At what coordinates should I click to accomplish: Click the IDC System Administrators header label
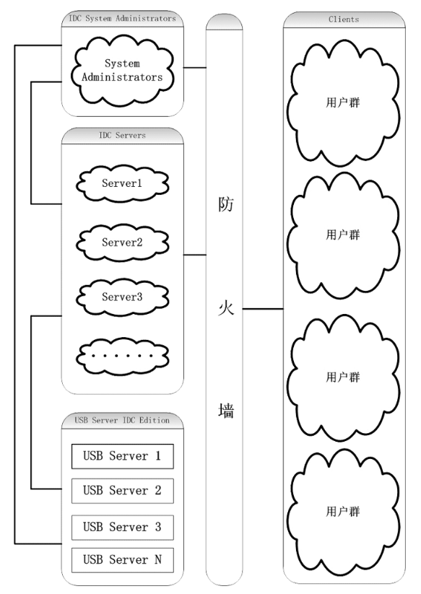(x=121, y=19)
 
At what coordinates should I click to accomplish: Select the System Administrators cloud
(x=121, y=71)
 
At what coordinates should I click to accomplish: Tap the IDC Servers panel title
(x=121, y=135)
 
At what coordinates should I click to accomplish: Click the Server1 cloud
(x=121, y=184)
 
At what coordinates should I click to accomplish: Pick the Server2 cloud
(x=121, y=242)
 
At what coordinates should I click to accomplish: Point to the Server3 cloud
(x=121, y=297)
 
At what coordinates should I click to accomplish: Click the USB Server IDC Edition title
(x=121, y=420)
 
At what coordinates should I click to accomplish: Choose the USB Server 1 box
(x=122, y=456)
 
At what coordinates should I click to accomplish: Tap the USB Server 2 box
(x=122, y=491)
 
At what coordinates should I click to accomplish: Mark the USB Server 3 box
(x=122, y=526)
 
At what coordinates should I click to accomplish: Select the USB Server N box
(x=122, y=560)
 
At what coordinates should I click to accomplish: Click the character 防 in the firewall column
(x=225, y=205)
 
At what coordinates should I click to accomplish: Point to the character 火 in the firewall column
(x=225, y=309)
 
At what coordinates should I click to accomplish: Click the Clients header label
(x=344, y=19)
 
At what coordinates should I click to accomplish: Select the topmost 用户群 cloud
(x=342, y=102)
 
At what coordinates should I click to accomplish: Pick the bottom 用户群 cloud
(x=342, y=512)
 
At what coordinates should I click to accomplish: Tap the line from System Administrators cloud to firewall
(x=195, y=68)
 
